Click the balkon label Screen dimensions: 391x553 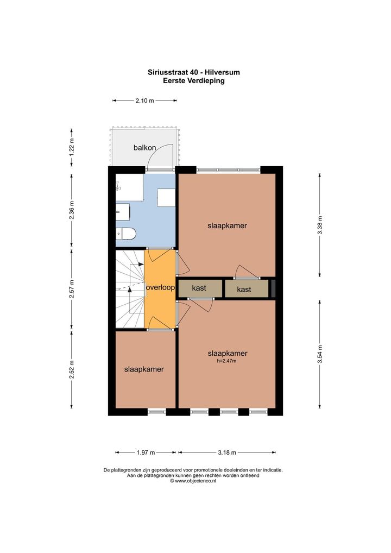(144, 148)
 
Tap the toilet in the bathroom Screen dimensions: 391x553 (126, 234)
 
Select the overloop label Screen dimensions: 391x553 (160, 287)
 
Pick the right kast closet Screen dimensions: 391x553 (247, 289)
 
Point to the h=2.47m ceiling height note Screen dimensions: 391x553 (226, 361)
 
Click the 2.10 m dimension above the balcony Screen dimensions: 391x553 (144, 100)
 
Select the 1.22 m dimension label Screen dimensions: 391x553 (72, 148)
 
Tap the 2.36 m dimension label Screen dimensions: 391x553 (72, 210)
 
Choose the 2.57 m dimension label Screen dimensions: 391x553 (72, 289)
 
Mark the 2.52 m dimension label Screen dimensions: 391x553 (72, 369)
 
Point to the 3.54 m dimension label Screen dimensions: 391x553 (320, 354)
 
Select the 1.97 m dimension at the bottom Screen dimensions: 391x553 (146, 453)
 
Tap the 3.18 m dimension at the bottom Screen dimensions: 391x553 (226, 453)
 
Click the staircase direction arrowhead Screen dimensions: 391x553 (130, 290)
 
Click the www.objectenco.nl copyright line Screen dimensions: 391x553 (193, 481)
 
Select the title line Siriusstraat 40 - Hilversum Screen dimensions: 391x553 (193, 72)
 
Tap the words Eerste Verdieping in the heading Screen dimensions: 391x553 (193, 81)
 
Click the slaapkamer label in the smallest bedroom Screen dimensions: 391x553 (144, 369)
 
